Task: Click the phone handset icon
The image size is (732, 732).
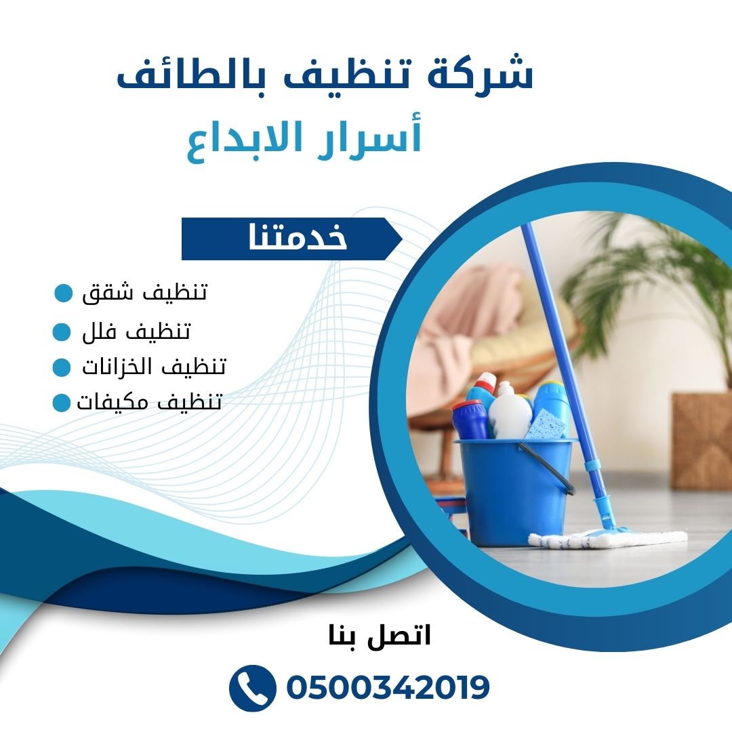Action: point(253,688)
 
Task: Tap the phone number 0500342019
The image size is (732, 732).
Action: point(388,688)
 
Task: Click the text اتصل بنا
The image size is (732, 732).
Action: point(380,635)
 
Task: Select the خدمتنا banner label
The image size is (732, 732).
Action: point(298,237)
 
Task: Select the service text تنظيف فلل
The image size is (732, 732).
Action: point(136,331)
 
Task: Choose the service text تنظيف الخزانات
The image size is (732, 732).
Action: point(154,367)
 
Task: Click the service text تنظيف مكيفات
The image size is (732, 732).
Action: point(149,402)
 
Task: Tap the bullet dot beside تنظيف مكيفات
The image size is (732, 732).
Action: point(61,403)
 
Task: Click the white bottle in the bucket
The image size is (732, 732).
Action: point(509,411)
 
